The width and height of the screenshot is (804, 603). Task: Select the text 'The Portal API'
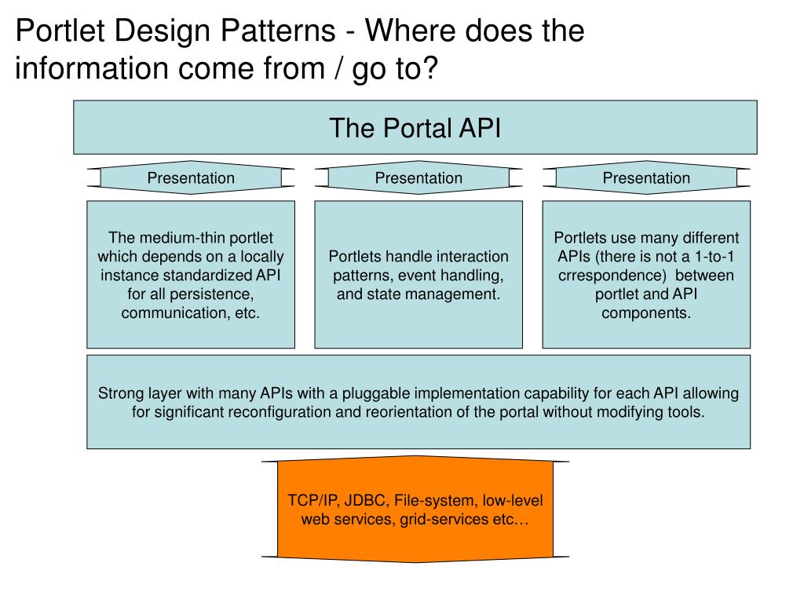(415, 128)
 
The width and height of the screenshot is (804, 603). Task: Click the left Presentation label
(191, 178)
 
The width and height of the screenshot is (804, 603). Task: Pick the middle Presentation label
(418, 178)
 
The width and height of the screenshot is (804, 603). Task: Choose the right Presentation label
(646, 178)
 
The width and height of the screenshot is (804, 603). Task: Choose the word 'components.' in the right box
(646, 313)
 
